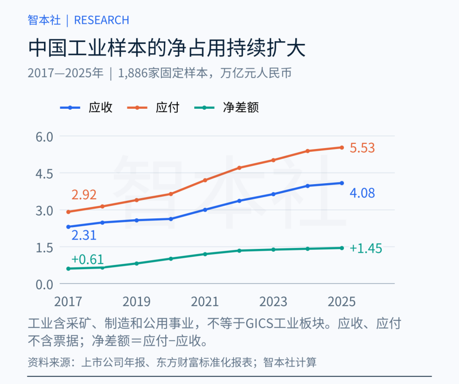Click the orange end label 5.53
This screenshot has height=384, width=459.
362,148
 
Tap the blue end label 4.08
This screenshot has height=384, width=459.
362,193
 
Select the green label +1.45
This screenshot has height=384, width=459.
366,248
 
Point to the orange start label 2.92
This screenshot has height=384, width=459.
84,195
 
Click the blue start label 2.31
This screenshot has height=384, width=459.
84,235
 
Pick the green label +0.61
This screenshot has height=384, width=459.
87,260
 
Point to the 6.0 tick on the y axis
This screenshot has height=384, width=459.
44,136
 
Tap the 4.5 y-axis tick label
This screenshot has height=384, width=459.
44,174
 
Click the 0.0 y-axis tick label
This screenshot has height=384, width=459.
44,285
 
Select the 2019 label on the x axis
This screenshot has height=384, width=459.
136,302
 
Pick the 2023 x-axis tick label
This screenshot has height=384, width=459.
273,302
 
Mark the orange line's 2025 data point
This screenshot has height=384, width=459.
341,148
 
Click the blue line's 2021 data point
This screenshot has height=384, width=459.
205,210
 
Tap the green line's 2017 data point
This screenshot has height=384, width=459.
68,269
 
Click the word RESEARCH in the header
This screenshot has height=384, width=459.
102,20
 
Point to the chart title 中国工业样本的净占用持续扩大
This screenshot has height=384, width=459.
167,48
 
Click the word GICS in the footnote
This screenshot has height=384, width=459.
259,324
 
